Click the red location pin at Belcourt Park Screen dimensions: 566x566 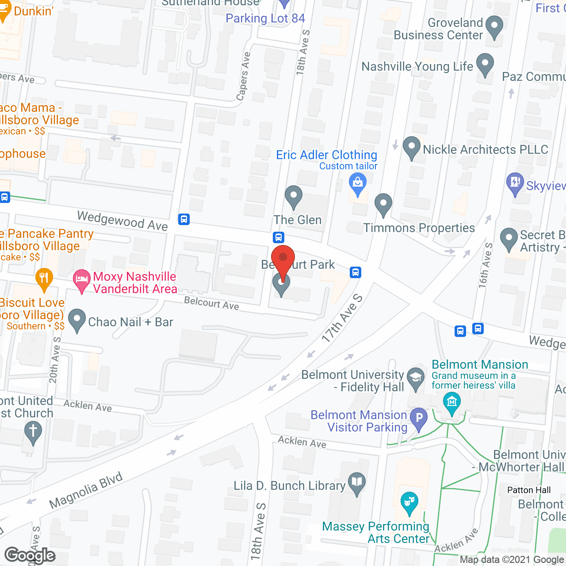(x=283, y=258)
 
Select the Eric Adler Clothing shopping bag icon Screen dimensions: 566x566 (x=358, y=183)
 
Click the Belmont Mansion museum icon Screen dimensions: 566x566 (x=451, y=402)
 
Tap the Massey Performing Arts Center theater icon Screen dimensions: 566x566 (x=409, y=502)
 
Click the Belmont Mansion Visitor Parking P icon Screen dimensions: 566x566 (x=419, y=418)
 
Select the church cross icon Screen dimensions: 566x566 (x=33, y=431)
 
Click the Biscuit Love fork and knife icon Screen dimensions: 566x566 (x=44, y=278)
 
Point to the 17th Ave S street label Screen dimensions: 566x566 (x=342, y=318)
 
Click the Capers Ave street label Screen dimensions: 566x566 (x=243, y=76)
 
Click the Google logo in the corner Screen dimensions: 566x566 (x=30, y=555)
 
